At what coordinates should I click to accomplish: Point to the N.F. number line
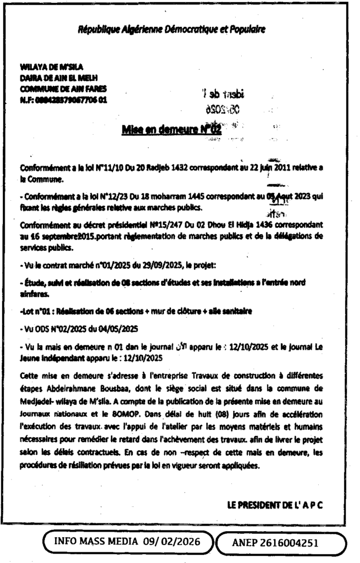(61, 99)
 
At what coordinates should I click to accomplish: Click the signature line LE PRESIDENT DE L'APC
(274, 503)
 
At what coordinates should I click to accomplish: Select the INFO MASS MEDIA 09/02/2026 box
(129, 543)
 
